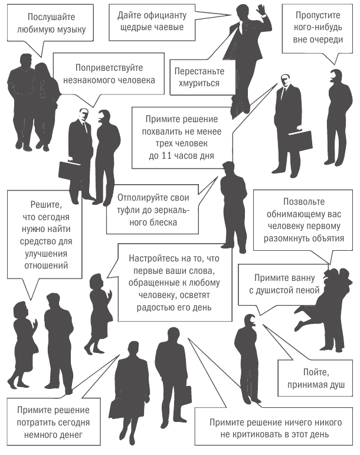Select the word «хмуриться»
(x=199, y=84)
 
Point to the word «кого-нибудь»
(x=318, y=27)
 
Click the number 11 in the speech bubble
(x=166, y=156)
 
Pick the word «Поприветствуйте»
(x=109, y=68)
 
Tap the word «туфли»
(x=127, y=210)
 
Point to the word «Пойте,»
(x=316, y=372)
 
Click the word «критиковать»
(x=258, y=434)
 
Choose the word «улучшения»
(x=46, y=254)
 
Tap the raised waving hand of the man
(x=261, y=11)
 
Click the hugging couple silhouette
(x=325, y=310)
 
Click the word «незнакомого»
(x=87, y=80)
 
